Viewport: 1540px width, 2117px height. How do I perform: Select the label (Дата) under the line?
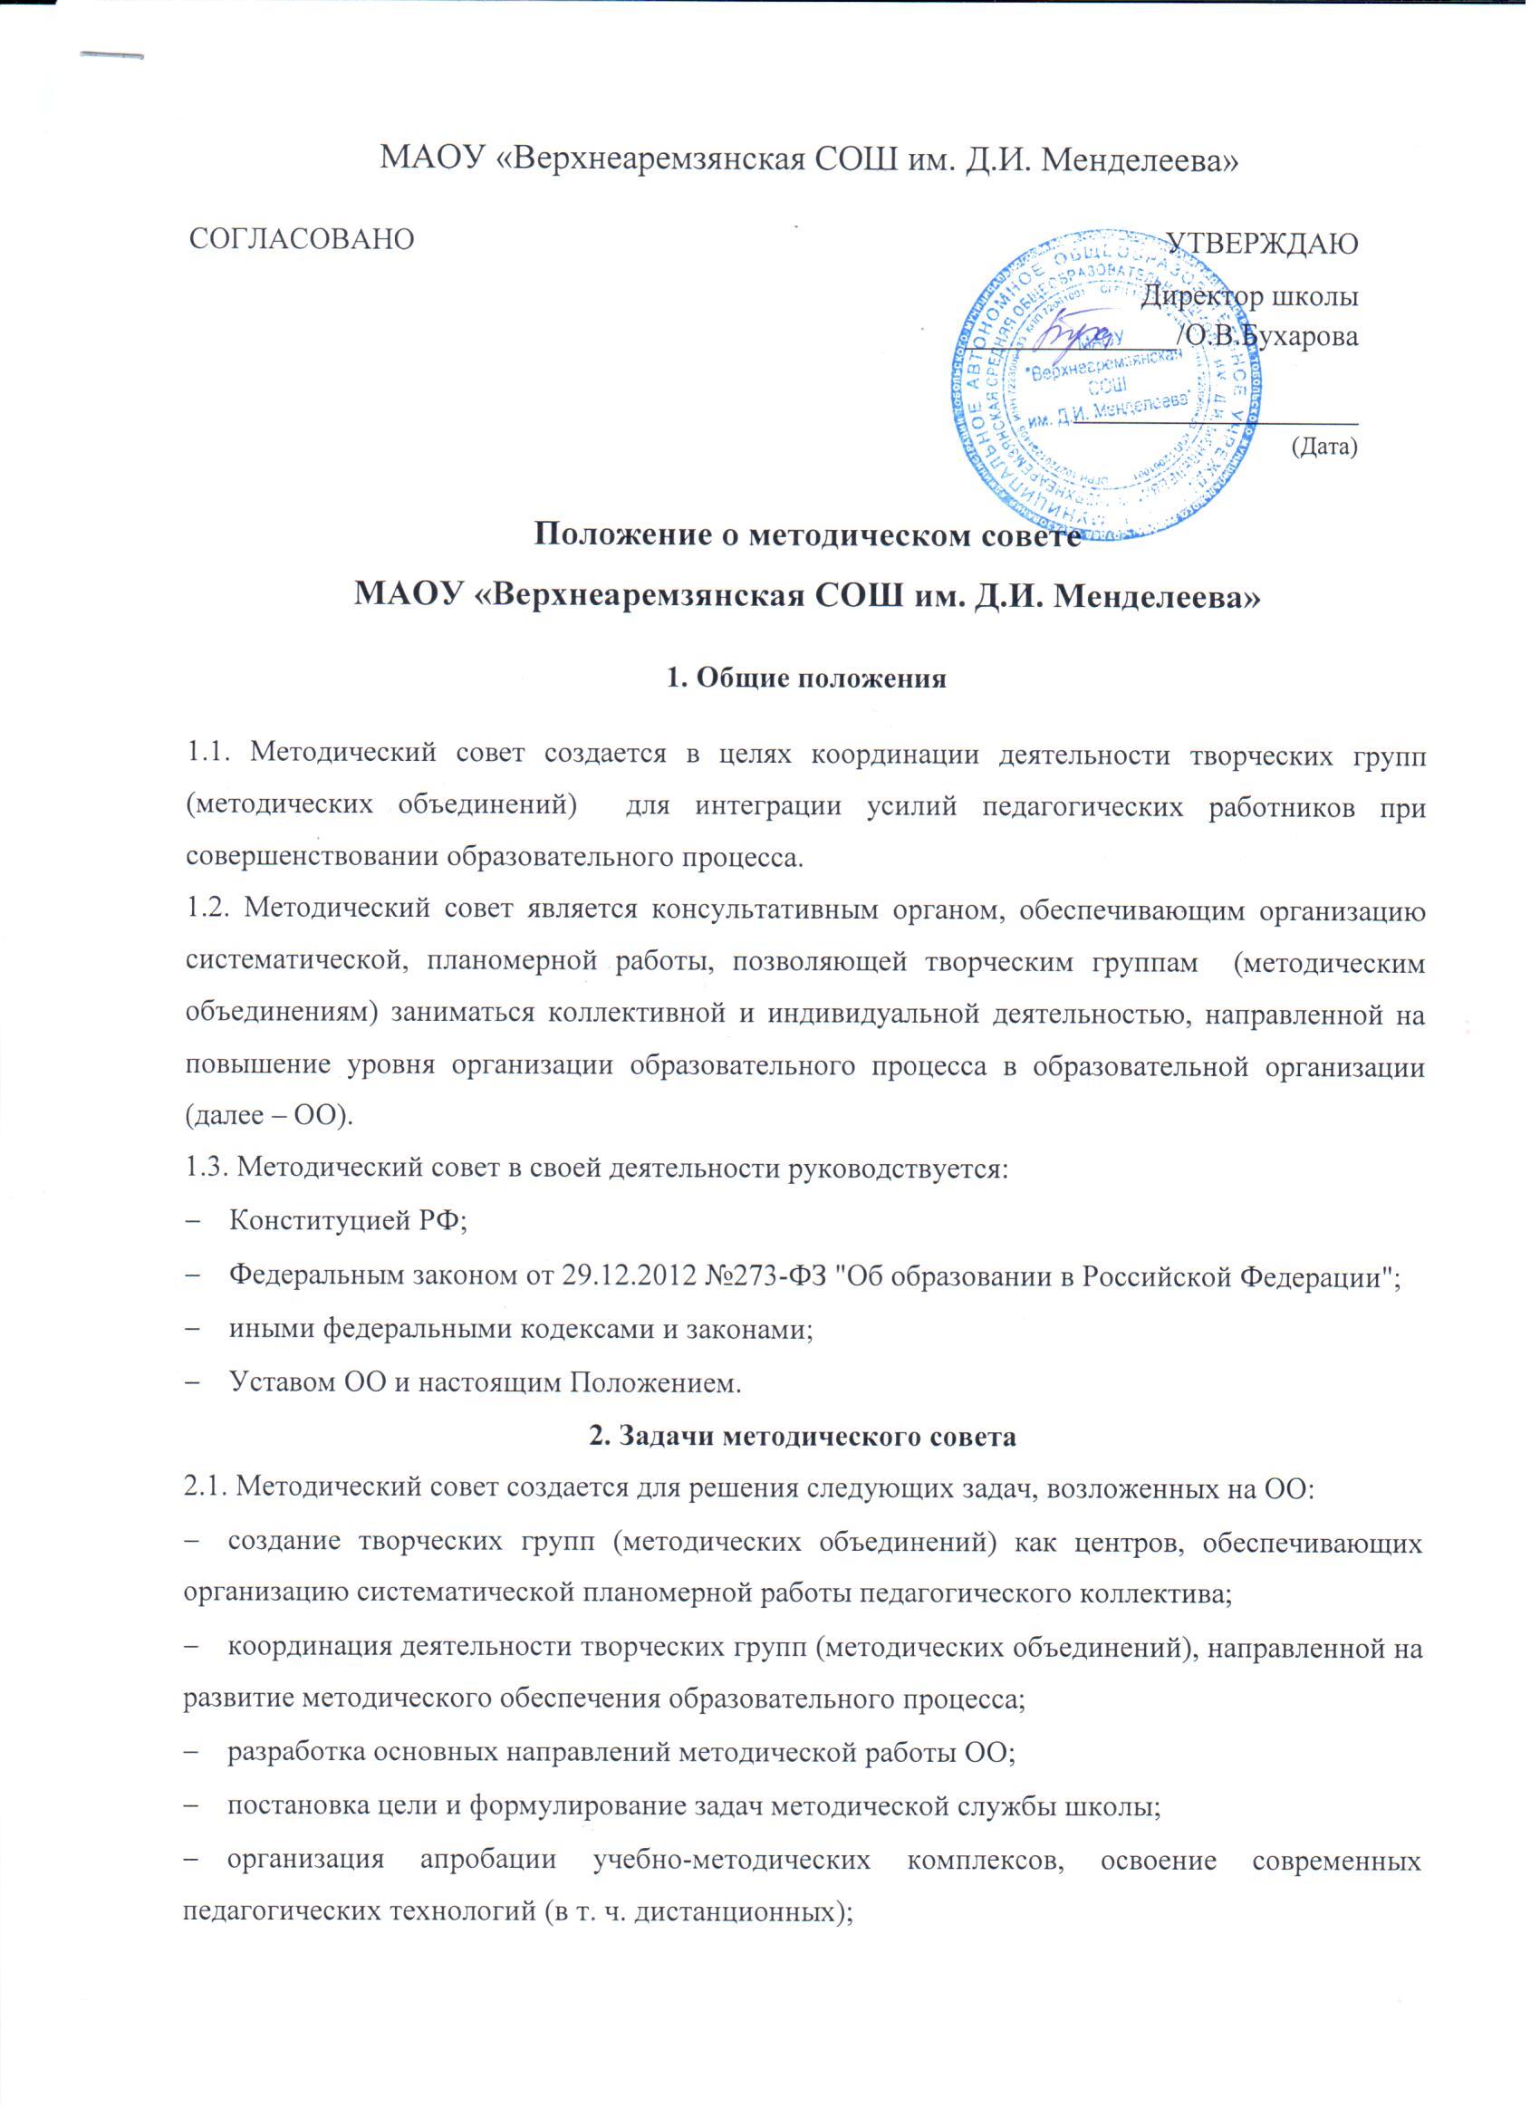point(1323,447)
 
